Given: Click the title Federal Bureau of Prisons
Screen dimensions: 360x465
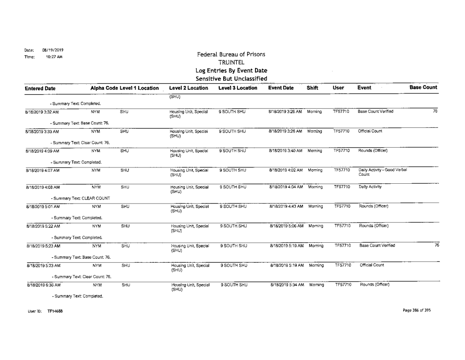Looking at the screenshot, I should coord(231,54).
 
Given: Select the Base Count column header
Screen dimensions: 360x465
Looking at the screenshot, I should coord(423,88).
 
